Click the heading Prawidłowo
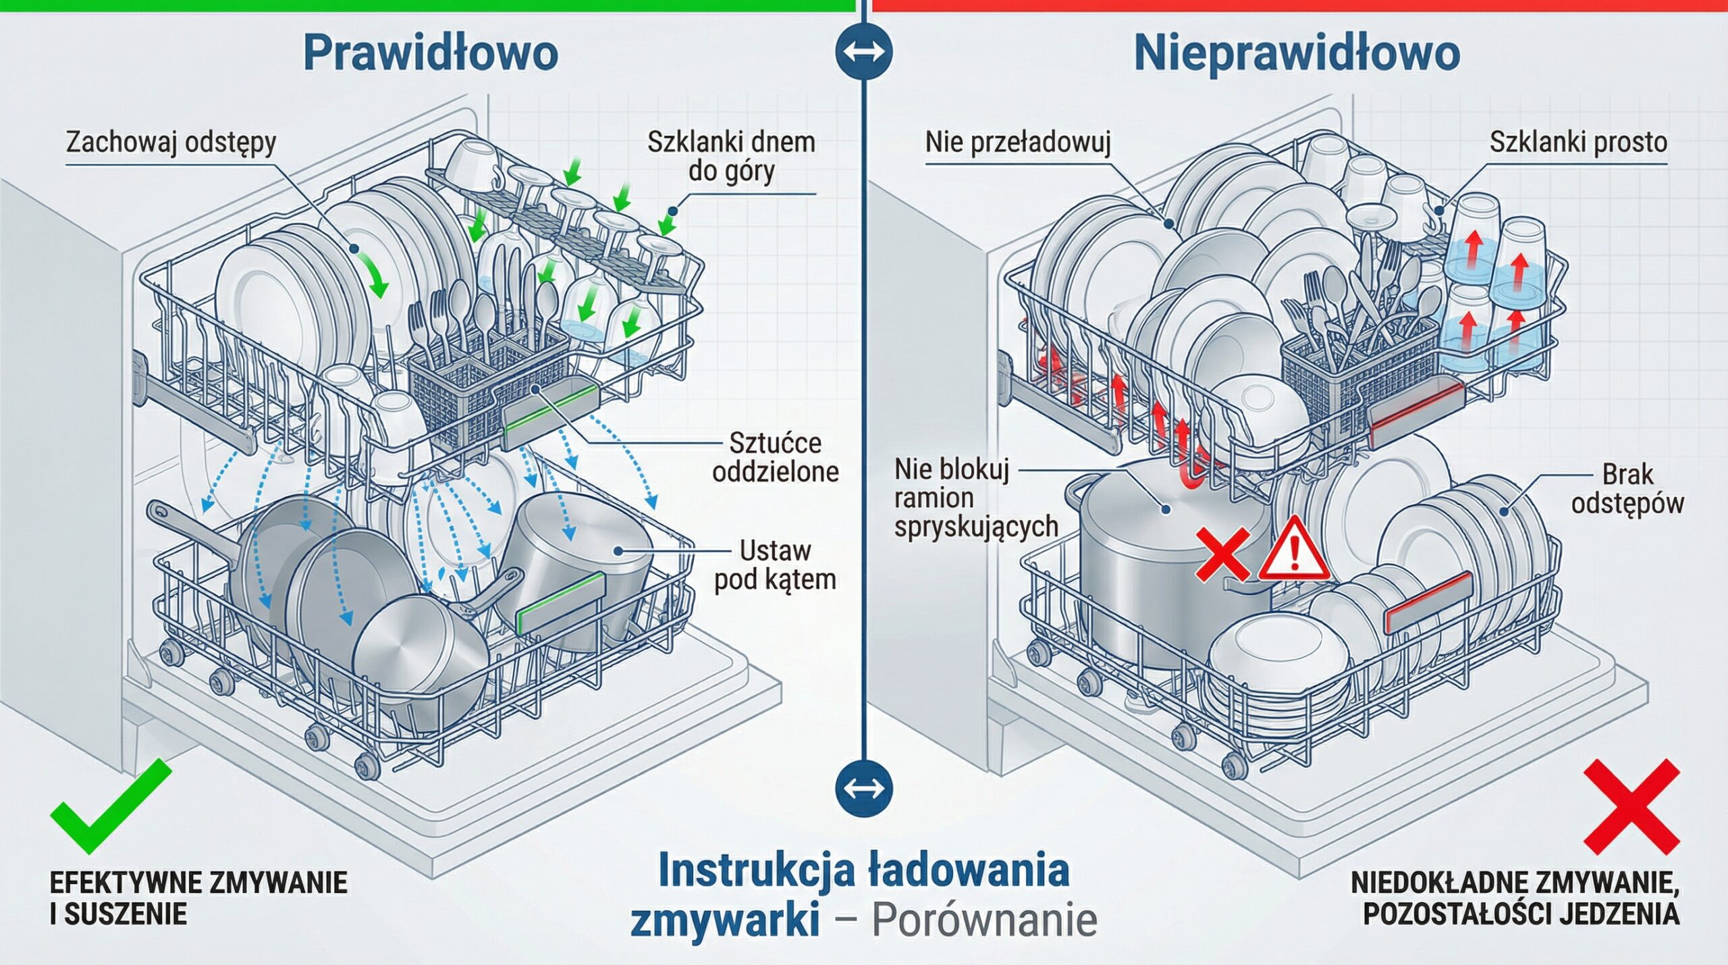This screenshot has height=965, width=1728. click(x=431, y=53)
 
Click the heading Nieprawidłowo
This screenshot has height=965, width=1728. click(x=1297, y=53)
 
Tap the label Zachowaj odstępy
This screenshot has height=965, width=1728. click(x=171, y=143)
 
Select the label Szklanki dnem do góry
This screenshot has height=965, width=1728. click(x=731, y=157)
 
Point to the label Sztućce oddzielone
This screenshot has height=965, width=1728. click(x=775, y=457)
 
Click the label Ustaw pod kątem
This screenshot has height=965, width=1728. click(x=775, y=565)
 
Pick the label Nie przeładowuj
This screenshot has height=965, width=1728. click(x=1017, y=143)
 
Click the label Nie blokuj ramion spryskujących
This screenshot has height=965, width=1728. click(x=975, y=497)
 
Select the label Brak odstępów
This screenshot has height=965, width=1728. click(x=1627, y=489)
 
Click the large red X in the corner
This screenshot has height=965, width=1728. click(x=1630, y=805)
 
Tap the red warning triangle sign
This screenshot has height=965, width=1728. click(x=1293, y=550)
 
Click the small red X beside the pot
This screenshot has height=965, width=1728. click(x=1222, y=554)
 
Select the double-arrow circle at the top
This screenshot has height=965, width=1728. click(x=864, y=52)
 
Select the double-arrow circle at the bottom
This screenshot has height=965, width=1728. click(x=864, y=788)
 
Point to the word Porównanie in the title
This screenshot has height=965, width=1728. click(x=984, y=920)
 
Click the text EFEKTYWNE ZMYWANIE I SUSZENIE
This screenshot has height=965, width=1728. click(x=198, y=898)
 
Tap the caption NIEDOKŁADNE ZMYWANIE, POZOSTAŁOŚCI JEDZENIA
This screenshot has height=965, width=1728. click(x=1515, y=898)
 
